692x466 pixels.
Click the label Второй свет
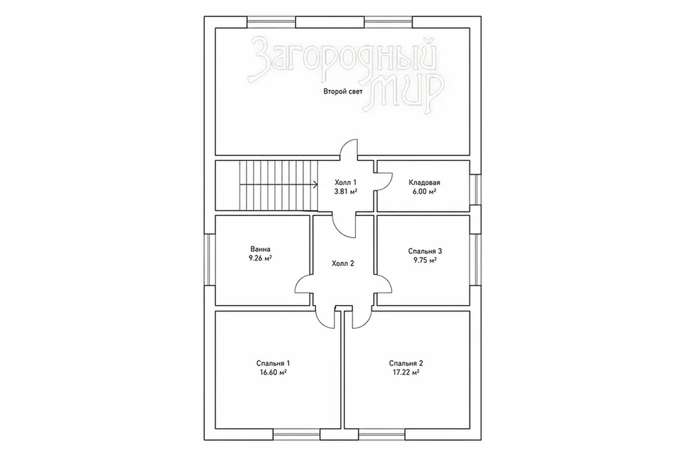pos(343,92)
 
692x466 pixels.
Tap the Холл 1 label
pos(346,182)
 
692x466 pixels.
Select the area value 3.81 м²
pos(346,192)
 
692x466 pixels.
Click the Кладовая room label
pos(424,182)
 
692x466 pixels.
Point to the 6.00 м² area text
pos(425,192)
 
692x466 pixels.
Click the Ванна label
pos(260,249)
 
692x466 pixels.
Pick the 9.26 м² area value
pos(260,259)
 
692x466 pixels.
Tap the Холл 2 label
pos(343,264)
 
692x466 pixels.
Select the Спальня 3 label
pos(425,251)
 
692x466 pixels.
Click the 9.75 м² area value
pos(425,260)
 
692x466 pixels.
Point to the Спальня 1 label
pos(273,363)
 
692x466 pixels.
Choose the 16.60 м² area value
pos(273,373)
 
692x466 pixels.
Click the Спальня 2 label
pos(406,363)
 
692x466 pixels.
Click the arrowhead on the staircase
pos(316,184)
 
